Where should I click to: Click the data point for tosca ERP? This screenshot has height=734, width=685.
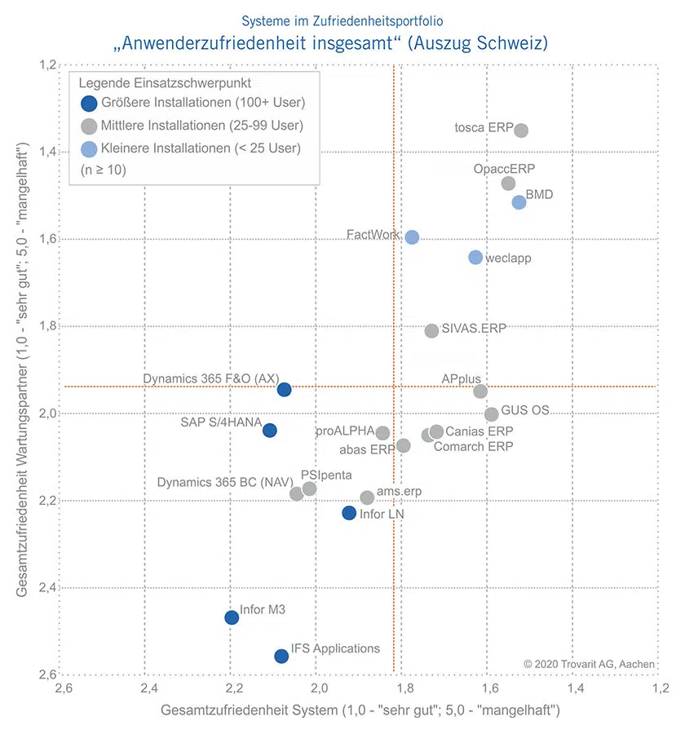click(521, 130)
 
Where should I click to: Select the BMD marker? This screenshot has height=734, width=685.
click(519, 202)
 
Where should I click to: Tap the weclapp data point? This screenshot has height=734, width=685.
click(475, 257)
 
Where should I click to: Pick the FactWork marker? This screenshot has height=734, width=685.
click(412, 237)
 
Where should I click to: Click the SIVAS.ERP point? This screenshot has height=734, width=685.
click(431, 330)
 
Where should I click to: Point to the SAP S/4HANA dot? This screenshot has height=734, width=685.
click(270, 430)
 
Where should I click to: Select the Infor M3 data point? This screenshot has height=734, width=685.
click(232, 617)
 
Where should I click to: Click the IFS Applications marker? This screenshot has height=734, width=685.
click(281, 656)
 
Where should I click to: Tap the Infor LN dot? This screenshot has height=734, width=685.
click(349, 513)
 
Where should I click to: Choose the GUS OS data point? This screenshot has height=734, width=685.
click(491, 414)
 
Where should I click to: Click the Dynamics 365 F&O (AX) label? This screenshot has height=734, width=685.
click(211, 378)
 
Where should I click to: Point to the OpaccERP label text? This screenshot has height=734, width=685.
click(504, 169)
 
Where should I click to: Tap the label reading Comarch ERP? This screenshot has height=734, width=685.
click(473, 446)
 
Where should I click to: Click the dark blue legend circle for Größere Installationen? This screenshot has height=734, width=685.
click(89, 103)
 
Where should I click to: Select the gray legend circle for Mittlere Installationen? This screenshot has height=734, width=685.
click(89, 126)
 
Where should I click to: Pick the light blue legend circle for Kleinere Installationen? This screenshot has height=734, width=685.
click(89, 148)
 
